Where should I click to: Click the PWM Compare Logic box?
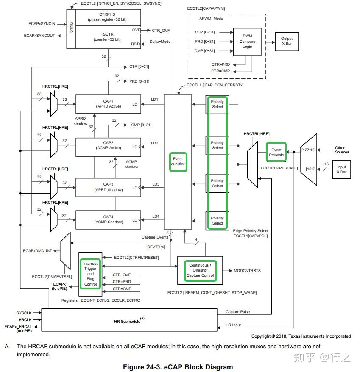[247, 42]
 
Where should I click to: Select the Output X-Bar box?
[287, 42]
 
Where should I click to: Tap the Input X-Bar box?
[341, 169]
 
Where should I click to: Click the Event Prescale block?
[276, 152]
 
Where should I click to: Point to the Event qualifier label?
[178, 161]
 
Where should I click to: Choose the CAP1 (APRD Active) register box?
[108, 104]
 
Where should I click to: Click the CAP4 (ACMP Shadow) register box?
[108, 219]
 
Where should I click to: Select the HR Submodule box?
[129, 320]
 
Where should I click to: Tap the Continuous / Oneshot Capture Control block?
[200, 270]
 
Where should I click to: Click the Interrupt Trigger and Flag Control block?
[90, 274]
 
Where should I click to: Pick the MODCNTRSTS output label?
[247, 271]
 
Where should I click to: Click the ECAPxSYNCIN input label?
[42, 24]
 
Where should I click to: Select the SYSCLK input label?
[24, 313]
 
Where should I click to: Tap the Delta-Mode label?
[160, 42]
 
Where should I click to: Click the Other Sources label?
[342, 150]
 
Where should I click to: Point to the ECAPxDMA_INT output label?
[37, 251]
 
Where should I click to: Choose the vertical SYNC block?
[71, 29]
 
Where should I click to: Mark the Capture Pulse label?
[238, 312]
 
